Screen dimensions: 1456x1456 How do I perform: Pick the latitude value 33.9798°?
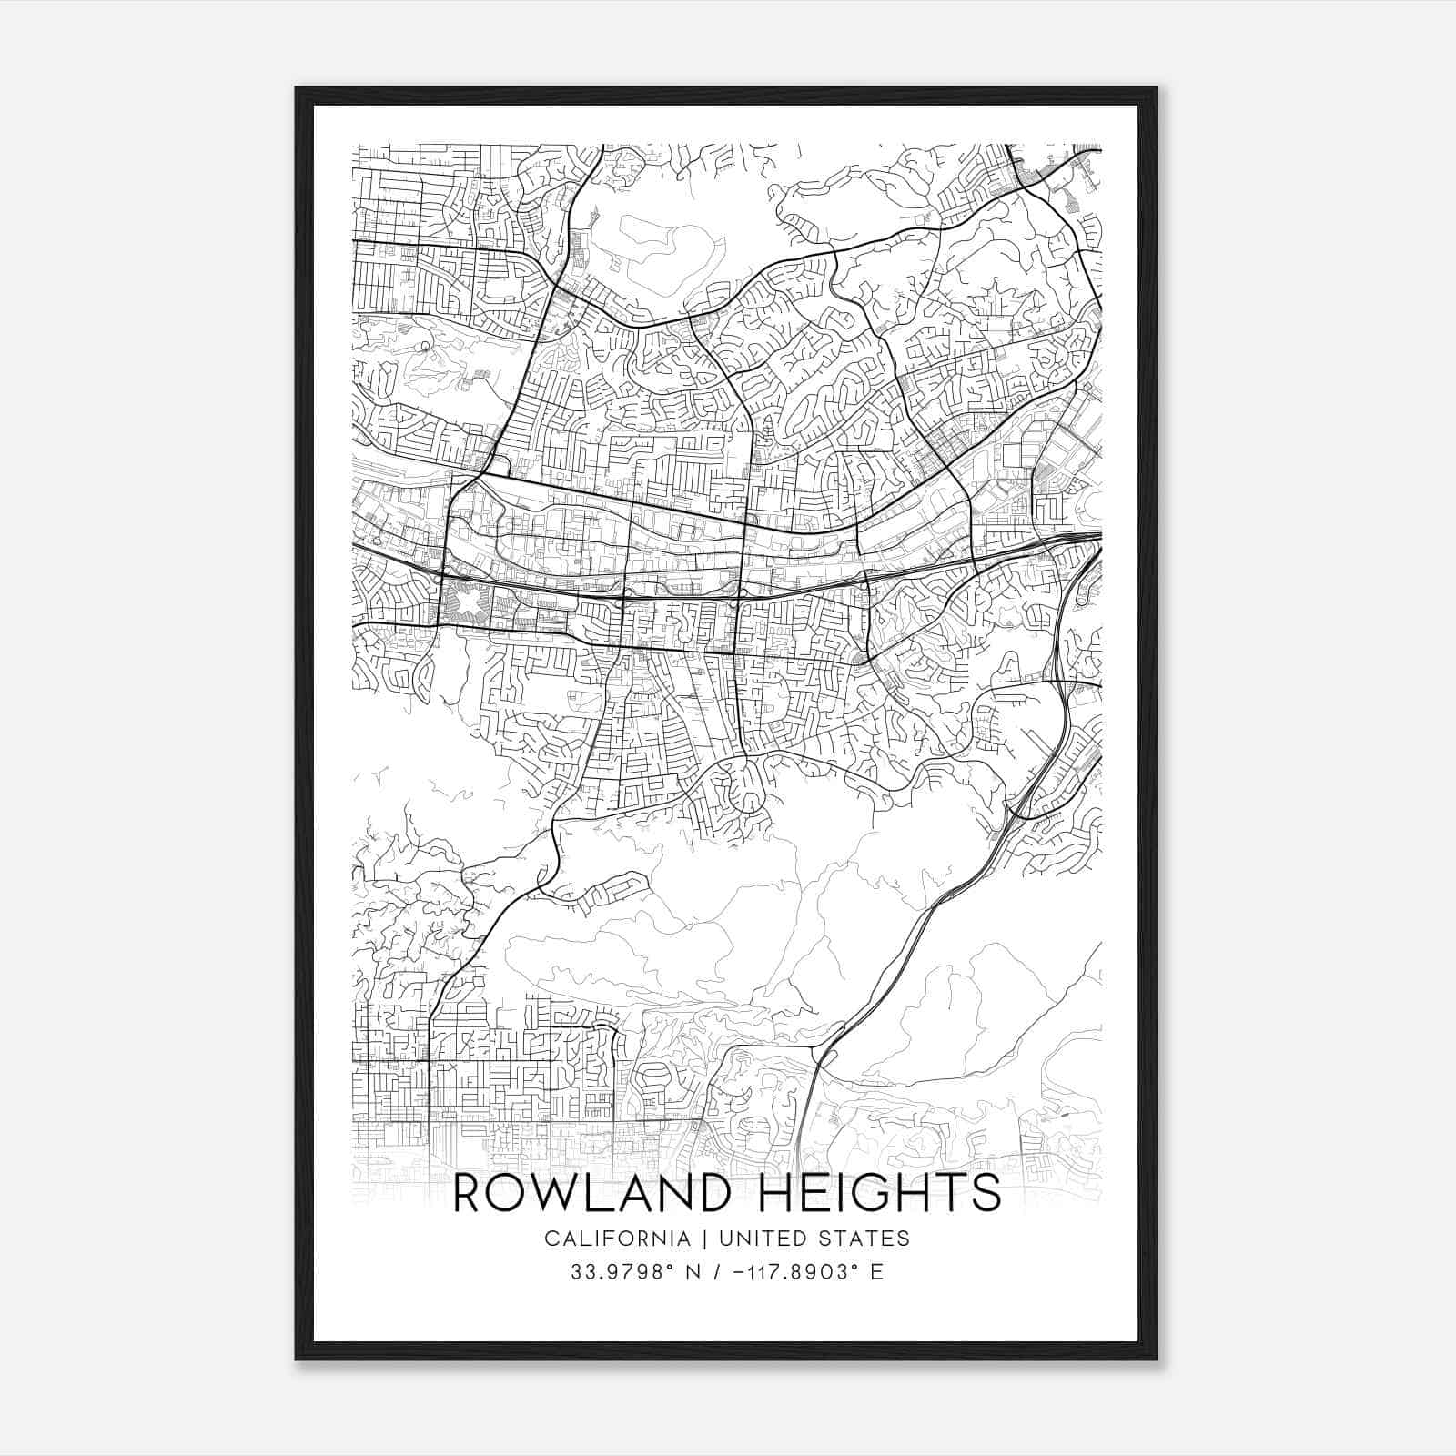click(x=622, y=1271)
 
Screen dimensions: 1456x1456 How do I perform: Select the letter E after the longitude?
click(x=876, y=1271)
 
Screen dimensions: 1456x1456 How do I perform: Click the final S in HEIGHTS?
click(x=986, y=1192)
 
